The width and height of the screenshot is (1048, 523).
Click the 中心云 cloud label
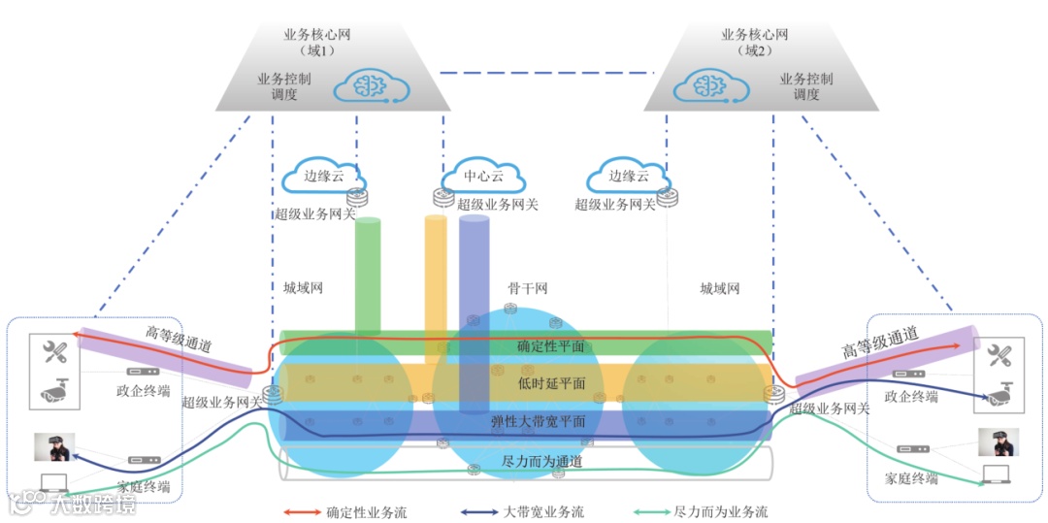tap(483, 178)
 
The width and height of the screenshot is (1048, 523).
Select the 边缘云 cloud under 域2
tap(627, 177)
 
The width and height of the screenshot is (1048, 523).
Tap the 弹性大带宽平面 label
tap(538, 422)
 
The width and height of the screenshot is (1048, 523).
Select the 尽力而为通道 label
tap(542, 462)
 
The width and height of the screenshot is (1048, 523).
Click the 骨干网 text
tap(528, 288)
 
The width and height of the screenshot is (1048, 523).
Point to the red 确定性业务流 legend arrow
tap(302, 511)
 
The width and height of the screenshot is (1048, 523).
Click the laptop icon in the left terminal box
tap(56, 481)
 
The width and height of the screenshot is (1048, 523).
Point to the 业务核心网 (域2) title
tap(755, 42)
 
